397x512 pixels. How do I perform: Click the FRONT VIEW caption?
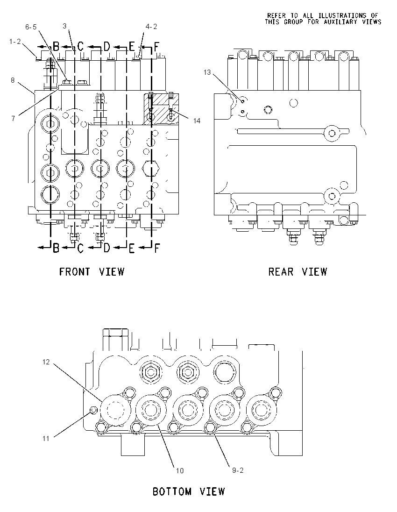[92, 272]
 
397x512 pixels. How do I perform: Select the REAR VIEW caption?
[298, 272]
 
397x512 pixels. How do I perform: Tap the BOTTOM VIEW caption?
[189, 491]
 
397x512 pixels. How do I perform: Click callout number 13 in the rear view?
[207, 72]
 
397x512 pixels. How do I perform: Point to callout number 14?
[197, 121]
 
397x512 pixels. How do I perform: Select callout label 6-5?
[31, 27]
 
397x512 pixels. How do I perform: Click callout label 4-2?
[151, 27]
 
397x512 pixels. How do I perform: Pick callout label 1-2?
[15, 42]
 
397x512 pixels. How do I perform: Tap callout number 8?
[13, 80]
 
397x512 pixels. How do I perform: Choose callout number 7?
[14, 118]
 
